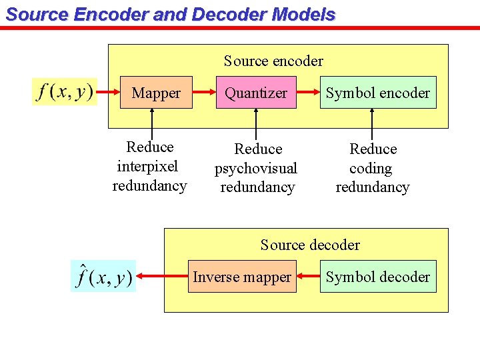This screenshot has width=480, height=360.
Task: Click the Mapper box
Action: pos(156,93)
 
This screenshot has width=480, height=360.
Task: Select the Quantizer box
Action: pos(256,93)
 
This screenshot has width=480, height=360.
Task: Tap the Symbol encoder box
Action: pos(377,93)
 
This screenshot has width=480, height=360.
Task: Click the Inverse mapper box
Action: pos(241,277)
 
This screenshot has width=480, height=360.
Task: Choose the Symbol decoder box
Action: pos(377,277)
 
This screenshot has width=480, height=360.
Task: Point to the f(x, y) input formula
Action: pos(65,91)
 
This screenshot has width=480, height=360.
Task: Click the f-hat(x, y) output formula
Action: pos(103,276)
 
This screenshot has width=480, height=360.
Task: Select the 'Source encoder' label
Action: pos(273,61)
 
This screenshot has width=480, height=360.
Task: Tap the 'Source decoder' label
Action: pos(310,245)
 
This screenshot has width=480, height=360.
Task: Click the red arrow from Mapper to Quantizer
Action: pos(203,93)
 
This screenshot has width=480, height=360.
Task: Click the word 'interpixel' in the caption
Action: pos(148,166)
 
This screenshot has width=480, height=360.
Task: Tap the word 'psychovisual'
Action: pos(255,168)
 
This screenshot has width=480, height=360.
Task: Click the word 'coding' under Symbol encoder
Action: pos(371,168)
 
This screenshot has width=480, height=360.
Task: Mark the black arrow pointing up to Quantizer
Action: pos(255,123)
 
